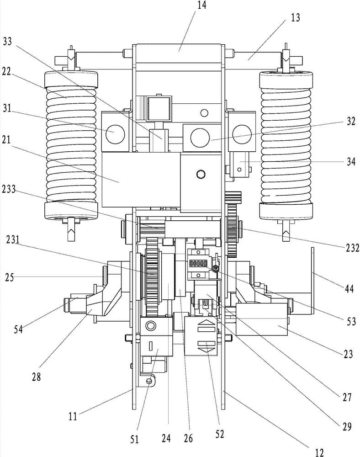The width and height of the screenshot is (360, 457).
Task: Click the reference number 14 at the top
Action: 202,5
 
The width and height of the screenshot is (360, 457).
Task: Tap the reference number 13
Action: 295,18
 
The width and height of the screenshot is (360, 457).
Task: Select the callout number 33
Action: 8,42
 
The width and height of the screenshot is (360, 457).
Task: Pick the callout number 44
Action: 348,289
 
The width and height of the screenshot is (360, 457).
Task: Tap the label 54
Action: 20,329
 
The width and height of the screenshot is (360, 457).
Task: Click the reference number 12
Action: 319,452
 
